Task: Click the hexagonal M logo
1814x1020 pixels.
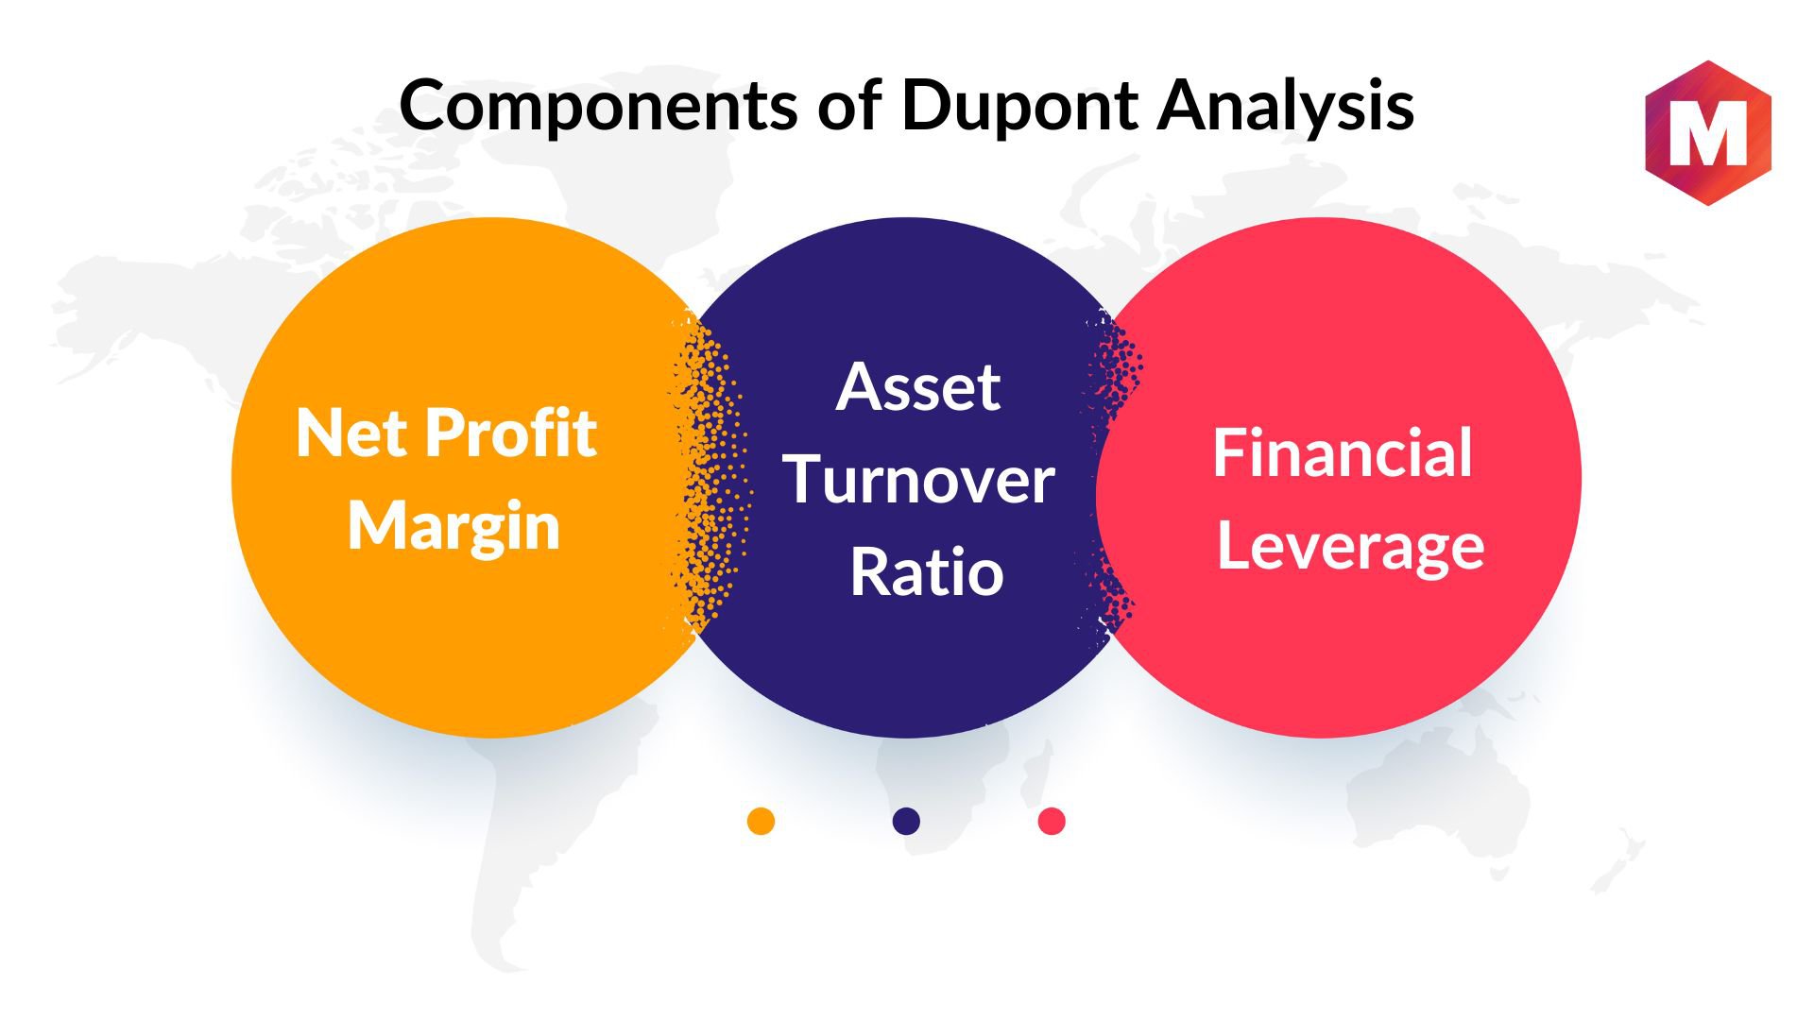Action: coord(1708,133)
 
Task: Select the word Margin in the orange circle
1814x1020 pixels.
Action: coord(453,527)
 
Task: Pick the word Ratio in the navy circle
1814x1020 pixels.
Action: coord(926,571)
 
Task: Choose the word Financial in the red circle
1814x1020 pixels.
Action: coord(1343,452)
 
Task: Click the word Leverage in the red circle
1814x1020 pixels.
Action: coord(1351,547)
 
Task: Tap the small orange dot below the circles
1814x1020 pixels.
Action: coord(761,821)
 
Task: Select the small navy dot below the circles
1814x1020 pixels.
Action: coord(906,821)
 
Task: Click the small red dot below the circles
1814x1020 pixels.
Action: coord(1052,821)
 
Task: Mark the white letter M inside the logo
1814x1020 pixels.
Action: coord(1708,134)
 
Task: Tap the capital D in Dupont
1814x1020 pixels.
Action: coord(927,105)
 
